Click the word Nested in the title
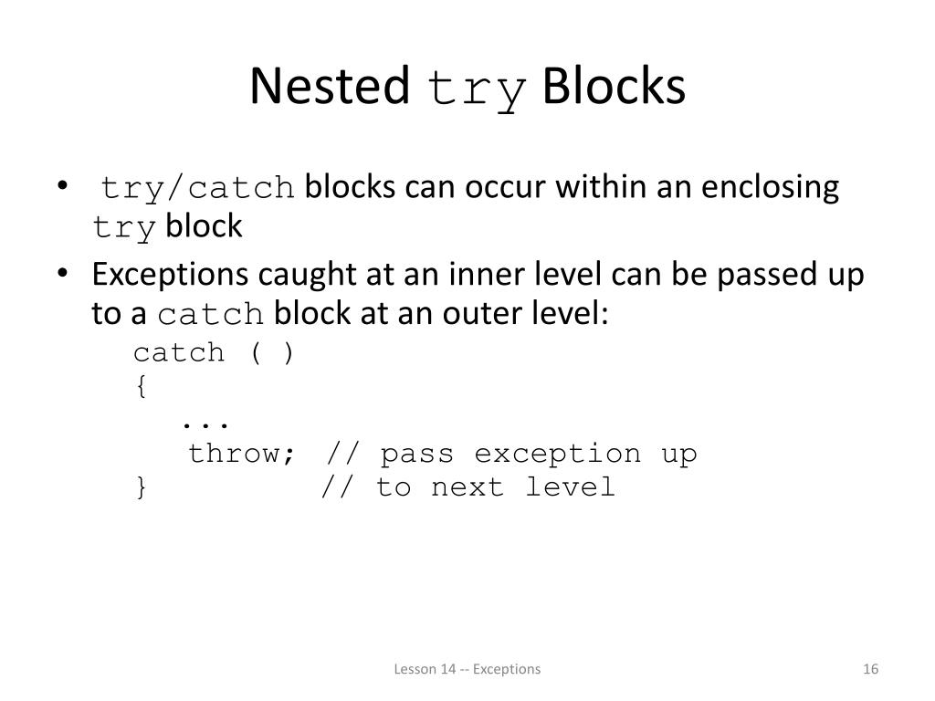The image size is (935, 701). point(329,87)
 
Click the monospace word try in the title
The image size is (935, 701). point(477,90)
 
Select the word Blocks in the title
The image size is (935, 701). point(613,87)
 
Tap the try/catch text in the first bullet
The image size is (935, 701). point(198,189)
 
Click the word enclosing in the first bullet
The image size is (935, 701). point(770,187)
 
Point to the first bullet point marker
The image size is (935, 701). point(61,188)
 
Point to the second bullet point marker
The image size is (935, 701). point(61,275)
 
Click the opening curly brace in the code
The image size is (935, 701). point(141,386)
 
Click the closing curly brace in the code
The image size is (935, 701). point(141,487)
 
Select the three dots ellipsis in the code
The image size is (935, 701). point(204,423)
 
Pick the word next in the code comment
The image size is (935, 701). point(467,487)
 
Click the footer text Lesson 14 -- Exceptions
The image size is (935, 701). point(467,669)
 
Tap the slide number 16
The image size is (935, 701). point(869,669)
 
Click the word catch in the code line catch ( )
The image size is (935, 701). point(179,352)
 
